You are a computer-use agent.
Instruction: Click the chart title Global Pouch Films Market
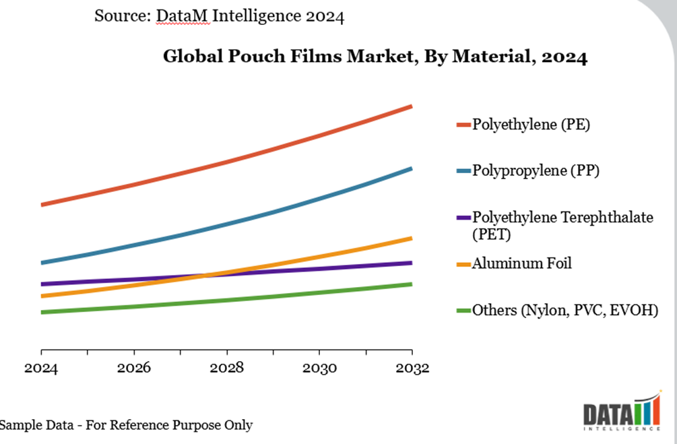point(375,57)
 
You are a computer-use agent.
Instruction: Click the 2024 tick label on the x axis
point(40,369)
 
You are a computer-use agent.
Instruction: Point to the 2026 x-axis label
point(133,369)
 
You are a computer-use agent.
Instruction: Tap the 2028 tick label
point(226,369)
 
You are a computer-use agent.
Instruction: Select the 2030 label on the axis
point(319,369)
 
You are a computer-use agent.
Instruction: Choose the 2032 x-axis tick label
point(412,369)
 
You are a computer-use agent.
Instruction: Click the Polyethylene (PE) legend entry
point(531,125)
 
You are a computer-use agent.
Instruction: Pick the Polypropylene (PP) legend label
point(536,170)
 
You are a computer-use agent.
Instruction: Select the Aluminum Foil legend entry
point(521,263)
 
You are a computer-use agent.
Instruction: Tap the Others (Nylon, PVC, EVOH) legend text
point(565,311)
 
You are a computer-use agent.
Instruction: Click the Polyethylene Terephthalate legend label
point(562,218)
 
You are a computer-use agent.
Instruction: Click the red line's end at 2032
point(411,106)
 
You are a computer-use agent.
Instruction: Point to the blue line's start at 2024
point(42,263)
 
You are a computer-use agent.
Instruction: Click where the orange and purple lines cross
point(207,275)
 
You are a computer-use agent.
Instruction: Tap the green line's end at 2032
point(411,284)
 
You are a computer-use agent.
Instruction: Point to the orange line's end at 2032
point(411,239)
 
